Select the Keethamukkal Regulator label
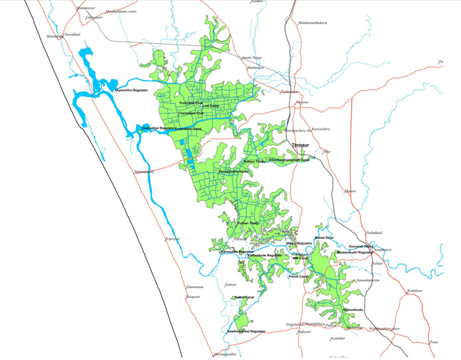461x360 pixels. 246,330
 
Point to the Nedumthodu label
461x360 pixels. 353,308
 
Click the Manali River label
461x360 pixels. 324,237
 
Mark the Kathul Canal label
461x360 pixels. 244,298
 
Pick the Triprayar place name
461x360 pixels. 173,238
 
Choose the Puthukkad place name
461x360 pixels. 374,234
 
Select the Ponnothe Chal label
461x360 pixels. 191,104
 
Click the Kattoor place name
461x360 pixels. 230,284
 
